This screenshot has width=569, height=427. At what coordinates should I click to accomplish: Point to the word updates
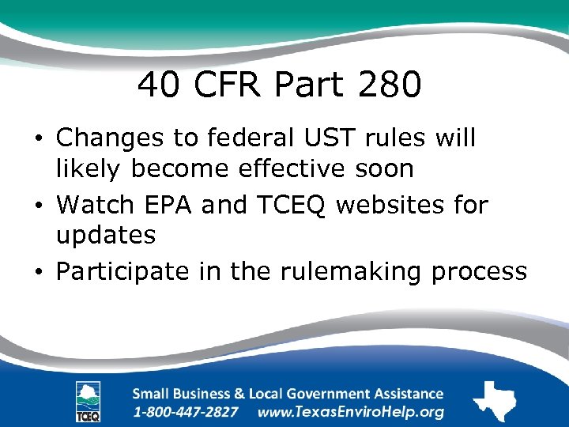(x=105, y=235)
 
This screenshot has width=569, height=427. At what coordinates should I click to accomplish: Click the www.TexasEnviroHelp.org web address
(x=351, y=412)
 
